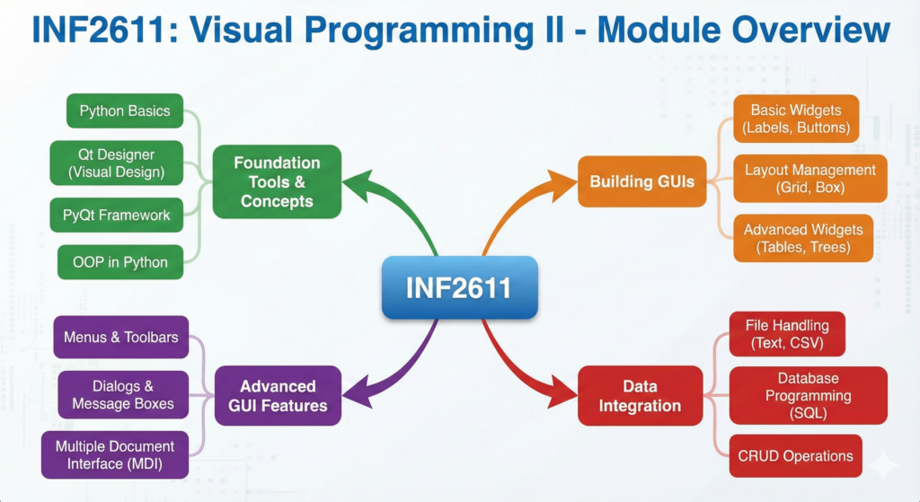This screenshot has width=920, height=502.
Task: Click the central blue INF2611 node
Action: [460, 287]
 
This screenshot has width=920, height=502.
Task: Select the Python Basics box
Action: [125, 110]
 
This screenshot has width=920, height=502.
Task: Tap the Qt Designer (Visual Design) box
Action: [117, 163]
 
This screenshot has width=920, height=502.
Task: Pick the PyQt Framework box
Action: [116, 216]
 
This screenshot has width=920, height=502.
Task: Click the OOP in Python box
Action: [120, 262]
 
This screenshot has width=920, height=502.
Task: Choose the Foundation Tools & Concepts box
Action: [277, 181]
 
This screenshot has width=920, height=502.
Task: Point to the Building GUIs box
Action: [641, 181]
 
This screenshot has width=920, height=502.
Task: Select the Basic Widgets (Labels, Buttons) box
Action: [796, 119]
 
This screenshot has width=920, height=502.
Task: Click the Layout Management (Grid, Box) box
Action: [810, 179]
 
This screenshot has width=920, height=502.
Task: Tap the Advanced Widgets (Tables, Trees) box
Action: [803, 238]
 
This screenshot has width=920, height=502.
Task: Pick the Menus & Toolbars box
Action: [121, 337]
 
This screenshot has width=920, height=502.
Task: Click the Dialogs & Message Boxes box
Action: [123, 394]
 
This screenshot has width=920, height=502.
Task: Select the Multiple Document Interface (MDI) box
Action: [115, 455]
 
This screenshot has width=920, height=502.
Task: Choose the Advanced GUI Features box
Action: [279, 396]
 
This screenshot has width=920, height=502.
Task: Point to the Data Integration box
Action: [640, 396]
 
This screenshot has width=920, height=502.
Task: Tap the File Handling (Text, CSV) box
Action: [787, 334]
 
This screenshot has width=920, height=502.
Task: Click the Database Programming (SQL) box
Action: [809, 395]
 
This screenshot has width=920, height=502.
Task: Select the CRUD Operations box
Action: [796, 455]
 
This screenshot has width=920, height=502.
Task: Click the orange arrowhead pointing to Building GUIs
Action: [560, 185]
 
